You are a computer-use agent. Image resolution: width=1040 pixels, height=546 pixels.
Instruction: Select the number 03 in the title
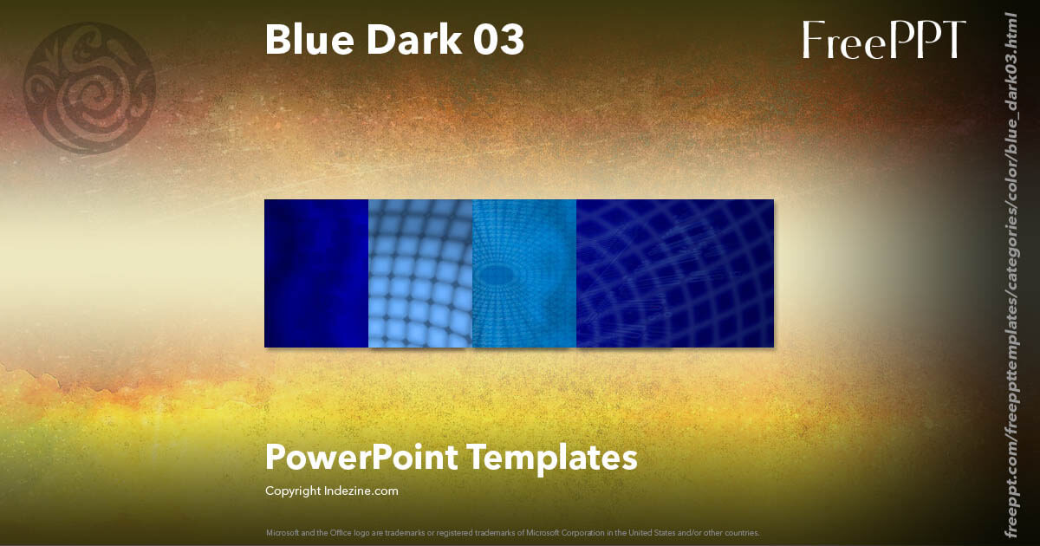click(497, 41)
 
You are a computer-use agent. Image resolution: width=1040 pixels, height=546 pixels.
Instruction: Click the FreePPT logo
click(883, 41)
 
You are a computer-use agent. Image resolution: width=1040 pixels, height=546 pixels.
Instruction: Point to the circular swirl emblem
click(89, 88)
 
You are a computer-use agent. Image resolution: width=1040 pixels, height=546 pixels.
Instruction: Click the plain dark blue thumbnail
click(316, 273)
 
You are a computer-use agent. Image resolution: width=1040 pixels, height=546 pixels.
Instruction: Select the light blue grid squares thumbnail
click(420, 273)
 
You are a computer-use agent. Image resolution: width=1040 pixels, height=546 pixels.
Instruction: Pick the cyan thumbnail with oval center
click(524, 273)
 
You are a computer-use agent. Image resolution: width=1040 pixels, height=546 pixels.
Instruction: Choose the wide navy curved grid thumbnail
click(675, 273)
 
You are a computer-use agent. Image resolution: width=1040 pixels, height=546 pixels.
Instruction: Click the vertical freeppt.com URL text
click(1011, 273)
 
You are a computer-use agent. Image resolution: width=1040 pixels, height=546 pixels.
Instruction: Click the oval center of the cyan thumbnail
click(497, 276)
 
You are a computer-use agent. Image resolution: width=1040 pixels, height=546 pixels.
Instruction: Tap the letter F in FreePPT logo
click(813, 41)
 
